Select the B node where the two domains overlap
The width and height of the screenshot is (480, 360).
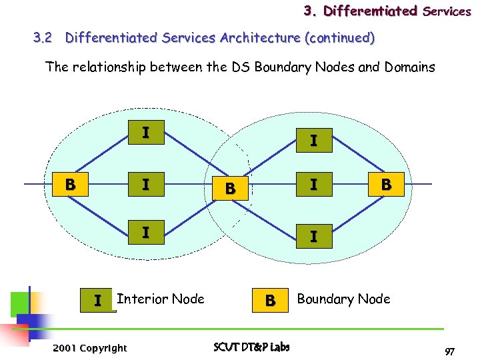[x=230, y=189]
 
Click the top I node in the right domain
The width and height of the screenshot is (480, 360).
[x=313, y=141]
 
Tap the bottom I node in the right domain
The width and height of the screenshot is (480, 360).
[x=313, y=237]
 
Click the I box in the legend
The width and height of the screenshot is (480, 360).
[x=98, y=301]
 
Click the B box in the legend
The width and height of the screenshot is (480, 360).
[x=270, y=301]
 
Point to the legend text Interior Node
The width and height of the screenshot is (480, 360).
[x=161, y=299]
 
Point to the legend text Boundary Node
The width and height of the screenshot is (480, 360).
[x=343, y=299]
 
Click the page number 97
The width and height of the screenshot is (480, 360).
[x=450, y=351]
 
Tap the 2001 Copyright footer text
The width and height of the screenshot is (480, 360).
[x=89, y=348]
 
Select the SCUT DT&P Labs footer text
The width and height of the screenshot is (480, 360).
[x=251, y=347]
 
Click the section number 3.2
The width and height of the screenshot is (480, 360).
[x=43, y=38]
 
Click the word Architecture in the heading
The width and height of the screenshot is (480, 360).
[x=258, y=38]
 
